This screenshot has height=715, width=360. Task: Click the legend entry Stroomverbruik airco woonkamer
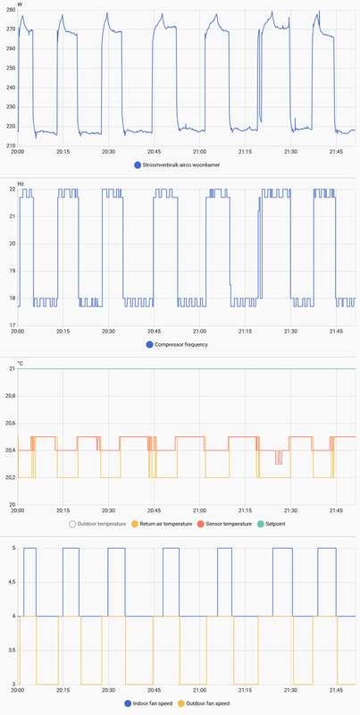point(184,165)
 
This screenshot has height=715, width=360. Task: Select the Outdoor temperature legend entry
point(97,524)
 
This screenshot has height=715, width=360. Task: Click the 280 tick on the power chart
point(11,13)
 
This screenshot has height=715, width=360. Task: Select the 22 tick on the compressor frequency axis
point(12,189)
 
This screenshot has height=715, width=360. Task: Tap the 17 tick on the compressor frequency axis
point(12,324)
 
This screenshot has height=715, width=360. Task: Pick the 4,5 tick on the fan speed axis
point(11,582)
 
